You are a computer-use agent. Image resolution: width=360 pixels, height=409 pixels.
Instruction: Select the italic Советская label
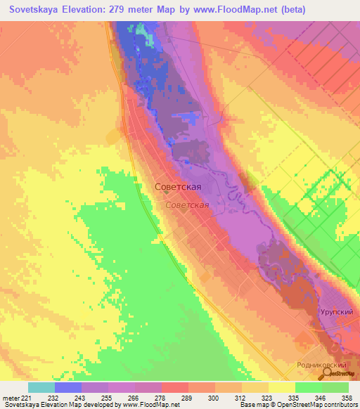[x=188, y=205]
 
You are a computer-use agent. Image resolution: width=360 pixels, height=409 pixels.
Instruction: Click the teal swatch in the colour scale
[x=41, y=387]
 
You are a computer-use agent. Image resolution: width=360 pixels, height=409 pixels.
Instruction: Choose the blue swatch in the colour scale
[x=68, y=387]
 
